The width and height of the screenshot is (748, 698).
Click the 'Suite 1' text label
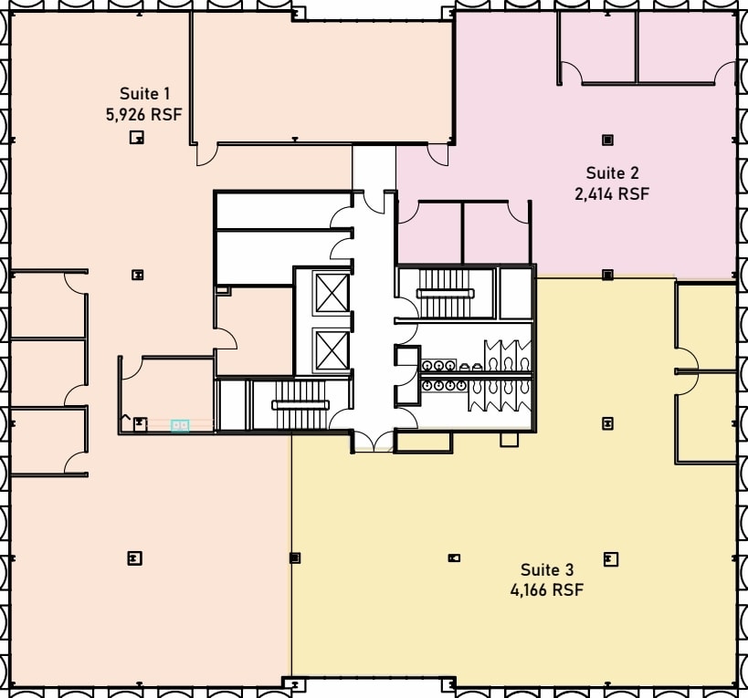[144, 93]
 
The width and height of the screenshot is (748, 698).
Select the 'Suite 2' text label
[612, 173]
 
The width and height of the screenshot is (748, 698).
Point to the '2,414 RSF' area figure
[612, 193]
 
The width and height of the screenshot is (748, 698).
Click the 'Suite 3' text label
[547, 569]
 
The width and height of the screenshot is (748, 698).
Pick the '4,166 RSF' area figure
[547, 589]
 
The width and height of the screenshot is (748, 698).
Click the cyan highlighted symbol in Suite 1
[180, 425]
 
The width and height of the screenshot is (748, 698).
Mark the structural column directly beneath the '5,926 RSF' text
[136, 138]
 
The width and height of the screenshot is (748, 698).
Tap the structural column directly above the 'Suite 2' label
[607, 140]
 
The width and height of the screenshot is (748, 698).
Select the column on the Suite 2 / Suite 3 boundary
[607, 274]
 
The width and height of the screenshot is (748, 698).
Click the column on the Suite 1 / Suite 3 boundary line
[294, 557]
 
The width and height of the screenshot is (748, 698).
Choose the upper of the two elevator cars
[331, 292]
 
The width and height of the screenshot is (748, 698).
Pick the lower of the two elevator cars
[331, 348]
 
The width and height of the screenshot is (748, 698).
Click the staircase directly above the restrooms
[446, 292]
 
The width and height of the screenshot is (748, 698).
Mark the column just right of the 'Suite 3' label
[610, 558]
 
